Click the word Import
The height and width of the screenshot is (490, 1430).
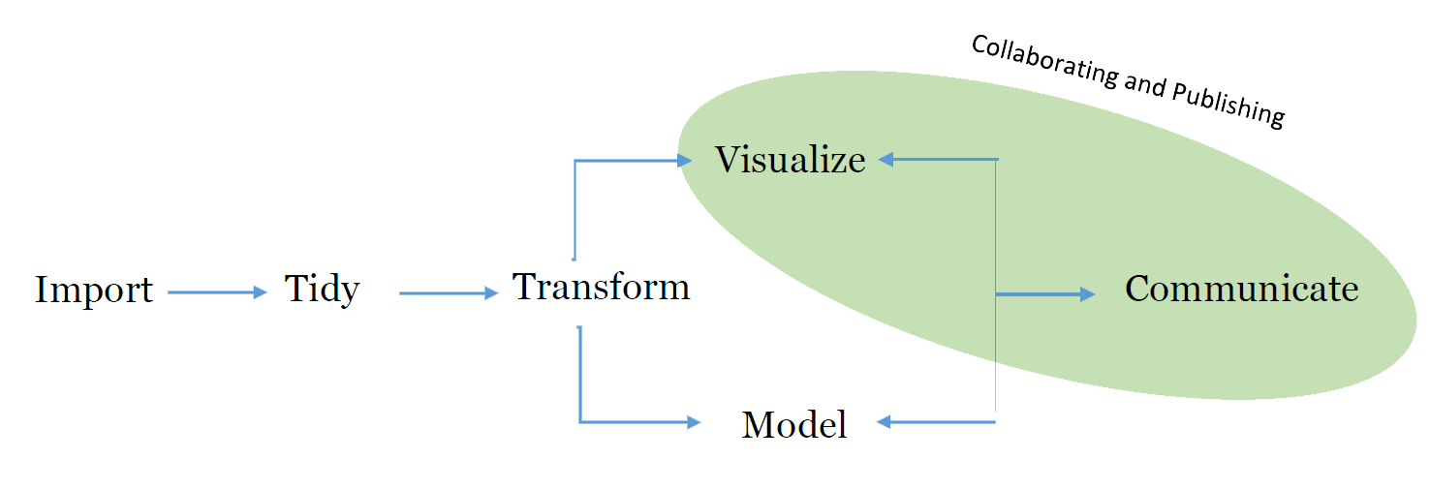tap(94, 290)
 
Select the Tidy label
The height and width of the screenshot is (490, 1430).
tap(322, 289)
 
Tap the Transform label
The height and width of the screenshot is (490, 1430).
tap(601, 287)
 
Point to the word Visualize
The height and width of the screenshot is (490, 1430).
tap(790, 159)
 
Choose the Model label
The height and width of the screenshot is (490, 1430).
tap(794, 424)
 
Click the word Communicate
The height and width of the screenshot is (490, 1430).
tap(1241, 289)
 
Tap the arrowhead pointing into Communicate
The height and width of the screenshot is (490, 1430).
tap(1088, 294)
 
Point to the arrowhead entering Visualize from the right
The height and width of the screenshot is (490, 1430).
tap(886, 160)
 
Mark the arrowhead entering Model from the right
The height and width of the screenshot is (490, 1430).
tap(885, 422)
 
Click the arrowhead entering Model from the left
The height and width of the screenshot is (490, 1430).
tap(693, 422)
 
